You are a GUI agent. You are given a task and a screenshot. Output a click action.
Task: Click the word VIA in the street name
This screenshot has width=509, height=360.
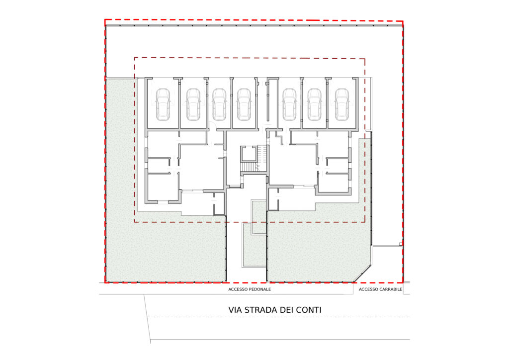[x=235, y=310]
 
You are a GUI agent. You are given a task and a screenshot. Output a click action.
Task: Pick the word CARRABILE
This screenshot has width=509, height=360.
[x=390, y=289]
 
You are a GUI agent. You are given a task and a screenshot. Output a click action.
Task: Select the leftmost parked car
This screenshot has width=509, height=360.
[x=163, y=104]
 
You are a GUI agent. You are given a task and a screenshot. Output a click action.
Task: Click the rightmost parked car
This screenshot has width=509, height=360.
[x=342, y=104]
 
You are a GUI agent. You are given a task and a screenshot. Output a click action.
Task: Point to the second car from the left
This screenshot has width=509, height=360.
[x=193, y=104]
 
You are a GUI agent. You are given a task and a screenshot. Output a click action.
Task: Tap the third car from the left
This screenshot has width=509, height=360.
[x=219, y=104]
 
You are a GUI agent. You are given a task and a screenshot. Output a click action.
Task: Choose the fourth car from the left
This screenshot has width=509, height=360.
[x=244, y=104]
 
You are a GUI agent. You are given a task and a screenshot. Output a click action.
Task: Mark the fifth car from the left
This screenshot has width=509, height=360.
[x=290, y=104]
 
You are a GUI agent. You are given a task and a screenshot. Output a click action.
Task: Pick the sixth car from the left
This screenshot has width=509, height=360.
[x=315, y=104]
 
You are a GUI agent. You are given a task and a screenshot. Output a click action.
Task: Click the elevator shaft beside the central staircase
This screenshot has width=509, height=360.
[x=249, y=154]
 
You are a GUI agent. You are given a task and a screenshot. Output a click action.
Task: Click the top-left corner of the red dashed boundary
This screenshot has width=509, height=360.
[x=105, y=20]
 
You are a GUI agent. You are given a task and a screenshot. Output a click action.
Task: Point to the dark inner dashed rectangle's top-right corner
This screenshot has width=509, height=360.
[x=365, y=59]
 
